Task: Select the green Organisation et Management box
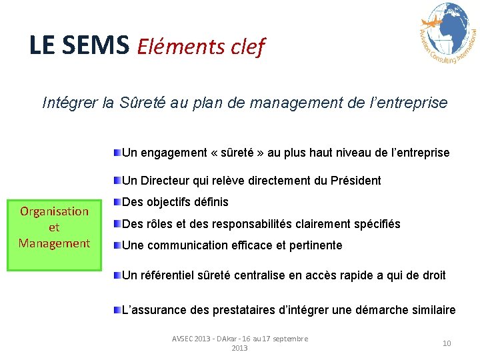pyautogui.click(x=55, y=227)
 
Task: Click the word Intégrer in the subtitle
pyautogui.click(x=71, y=103)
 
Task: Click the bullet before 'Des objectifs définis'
pyautogui.click(x=117, y=201)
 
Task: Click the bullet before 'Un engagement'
pyautogui.click(x=117, y=153)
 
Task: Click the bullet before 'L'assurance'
pyautogui.click(x=117, y=310)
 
